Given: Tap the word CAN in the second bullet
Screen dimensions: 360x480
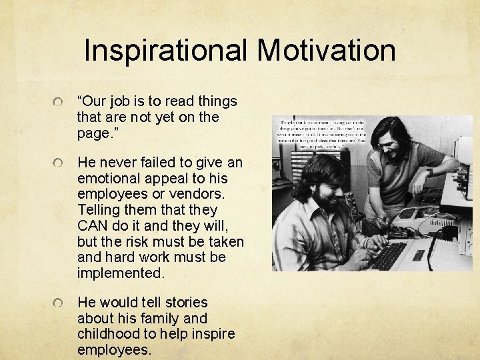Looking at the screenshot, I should (95, 225).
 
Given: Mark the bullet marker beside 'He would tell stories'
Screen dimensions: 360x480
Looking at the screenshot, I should (61, 304).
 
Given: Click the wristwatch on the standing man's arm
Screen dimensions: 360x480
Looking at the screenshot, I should (430, 171).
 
